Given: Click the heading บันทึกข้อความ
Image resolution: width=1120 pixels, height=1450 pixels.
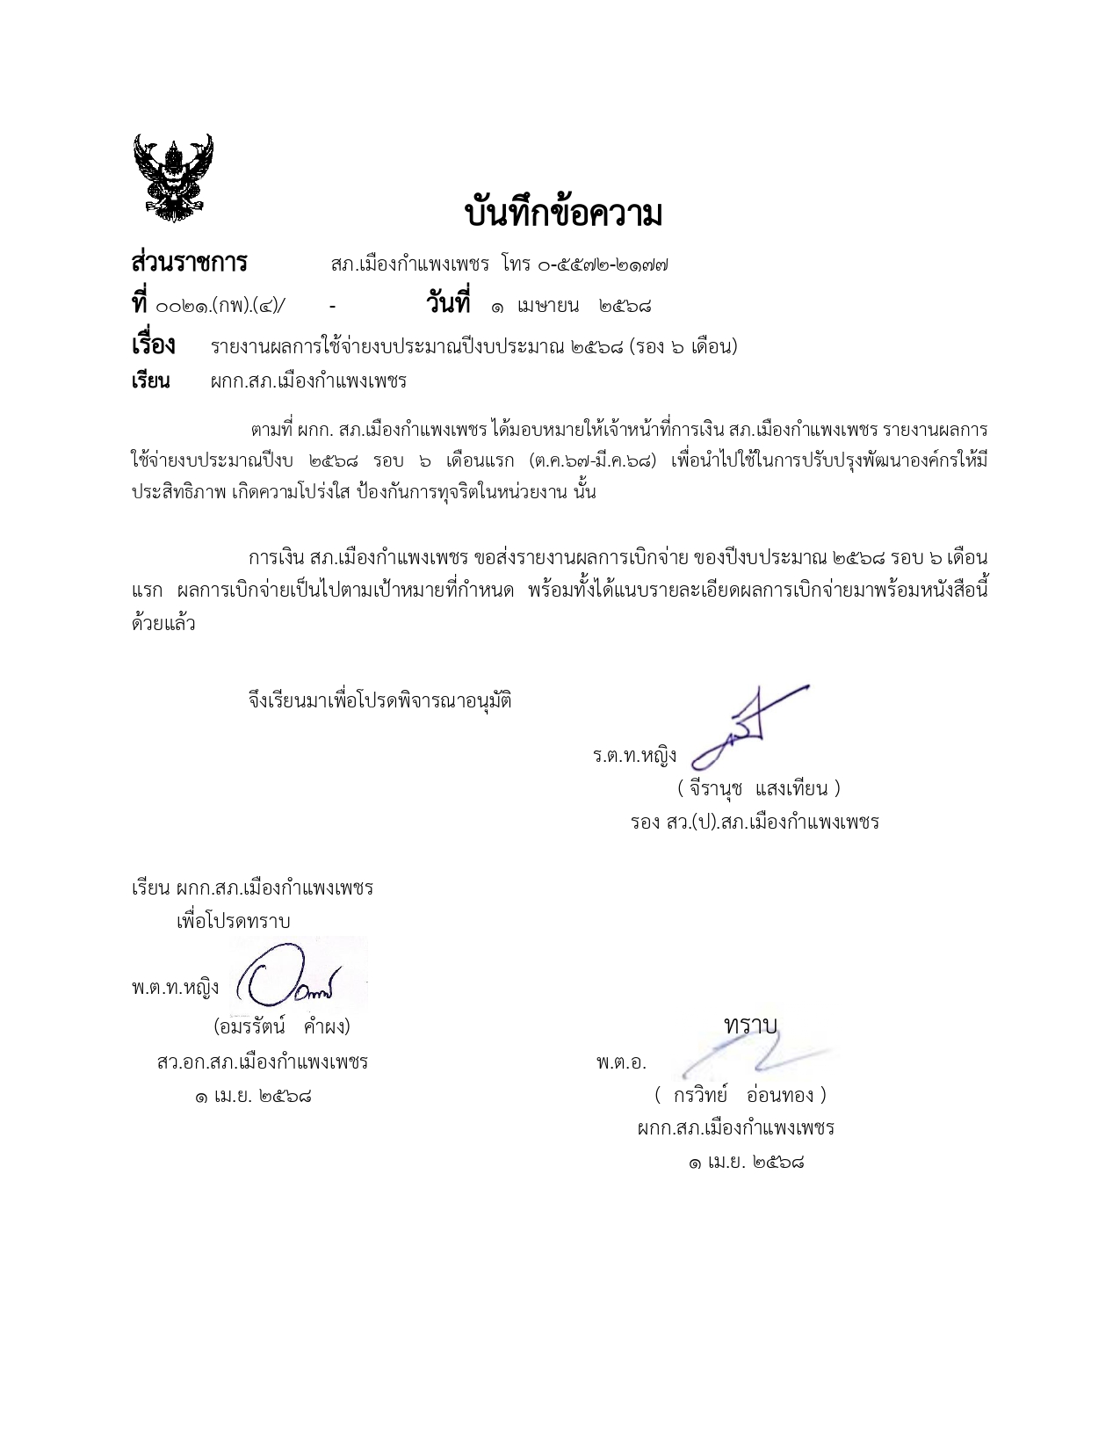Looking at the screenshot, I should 563,214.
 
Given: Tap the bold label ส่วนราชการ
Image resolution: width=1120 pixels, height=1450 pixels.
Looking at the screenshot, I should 189,263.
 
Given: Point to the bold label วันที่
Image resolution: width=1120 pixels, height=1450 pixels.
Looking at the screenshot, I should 447,304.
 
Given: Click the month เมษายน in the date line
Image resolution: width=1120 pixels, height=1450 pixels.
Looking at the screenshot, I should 547,306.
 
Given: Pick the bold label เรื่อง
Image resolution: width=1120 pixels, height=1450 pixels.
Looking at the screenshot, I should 153,345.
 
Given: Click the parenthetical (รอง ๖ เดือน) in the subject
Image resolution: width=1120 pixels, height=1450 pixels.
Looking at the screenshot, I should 683,347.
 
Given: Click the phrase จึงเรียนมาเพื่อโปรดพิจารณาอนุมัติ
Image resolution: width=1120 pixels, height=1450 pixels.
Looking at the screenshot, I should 380,701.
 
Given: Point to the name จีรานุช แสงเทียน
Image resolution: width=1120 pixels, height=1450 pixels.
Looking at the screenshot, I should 759,788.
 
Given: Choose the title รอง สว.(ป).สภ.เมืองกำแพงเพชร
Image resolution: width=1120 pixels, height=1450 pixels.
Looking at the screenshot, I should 754,823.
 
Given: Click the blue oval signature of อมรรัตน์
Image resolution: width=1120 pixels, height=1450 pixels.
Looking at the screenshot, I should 290,977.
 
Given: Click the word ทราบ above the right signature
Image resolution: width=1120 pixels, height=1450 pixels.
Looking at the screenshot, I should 750,1025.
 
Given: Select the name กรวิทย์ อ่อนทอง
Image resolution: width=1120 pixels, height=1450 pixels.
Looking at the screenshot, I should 740,1095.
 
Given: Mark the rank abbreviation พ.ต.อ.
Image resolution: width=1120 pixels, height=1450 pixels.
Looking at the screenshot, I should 620,1062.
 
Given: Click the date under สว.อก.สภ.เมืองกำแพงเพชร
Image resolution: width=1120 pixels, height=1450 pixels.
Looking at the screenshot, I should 253,1097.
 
